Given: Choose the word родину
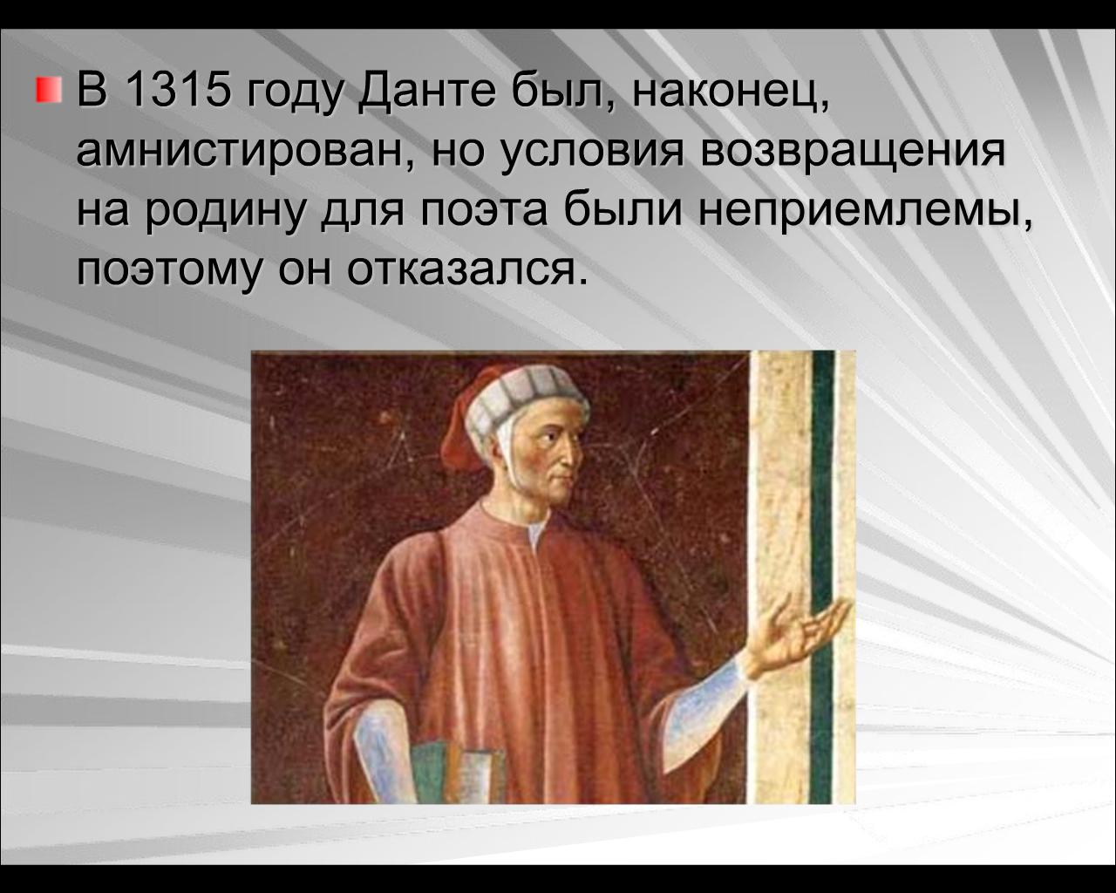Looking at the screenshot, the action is pyautogui.click(x=225, y=214).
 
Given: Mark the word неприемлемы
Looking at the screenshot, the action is pyautogui.click(x=862, y=214).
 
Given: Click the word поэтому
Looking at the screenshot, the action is pyautogui.click(x=168, y=272).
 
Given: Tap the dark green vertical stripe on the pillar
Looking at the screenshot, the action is pyautogui.click(x=822, y=576).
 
